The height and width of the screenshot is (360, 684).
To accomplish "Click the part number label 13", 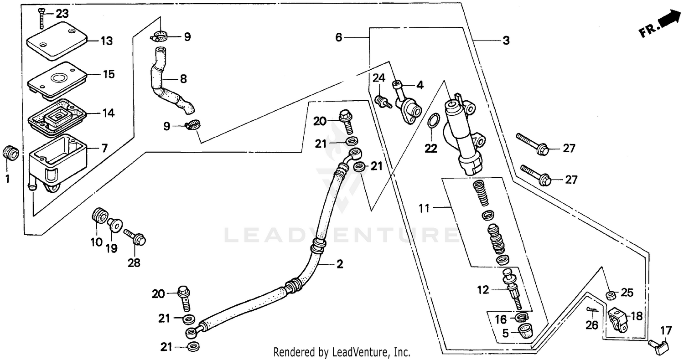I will coord(106,41).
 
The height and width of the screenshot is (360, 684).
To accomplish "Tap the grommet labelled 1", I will coord(10,153).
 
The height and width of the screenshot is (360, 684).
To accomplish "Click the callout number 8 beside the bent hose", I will coord(183,79).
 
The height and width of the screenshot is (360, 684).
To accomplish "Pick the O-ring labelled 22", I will coord(434,121).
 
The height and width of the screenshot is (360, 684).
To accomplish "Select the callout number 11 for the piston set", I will coord(425,209).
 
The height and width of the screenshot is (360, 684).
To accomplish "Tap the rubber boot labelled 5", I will coord(526,332).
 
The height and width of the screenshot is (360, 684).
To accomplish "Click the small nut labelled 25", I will coord(610,296).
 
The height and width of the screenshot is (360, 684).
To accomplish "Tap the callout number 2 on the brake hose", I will coord(340,264).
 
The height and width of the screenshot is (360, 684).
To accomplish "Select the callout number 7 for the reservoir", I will coord(104,148).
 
